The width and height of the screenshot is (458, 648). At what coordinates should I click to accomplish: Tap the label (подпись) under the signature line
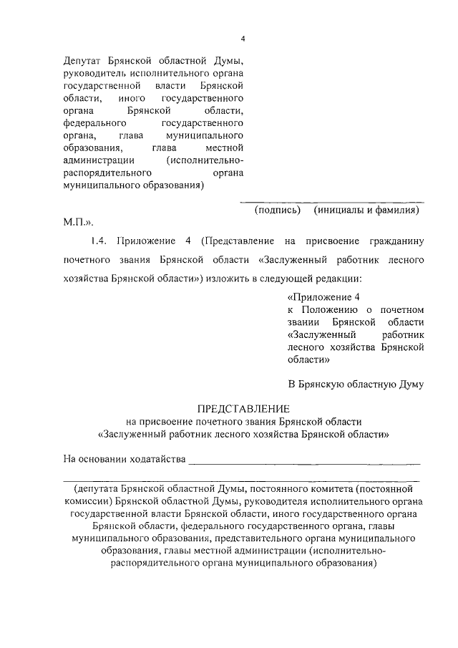click(x=278, y=211)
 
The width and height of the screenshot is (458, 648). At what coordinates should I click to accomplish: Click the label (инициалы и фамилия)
click(x=366, y=211)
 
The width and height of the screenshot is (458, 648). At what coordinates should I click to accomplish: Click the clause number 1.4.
click(x=99, y=243)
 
